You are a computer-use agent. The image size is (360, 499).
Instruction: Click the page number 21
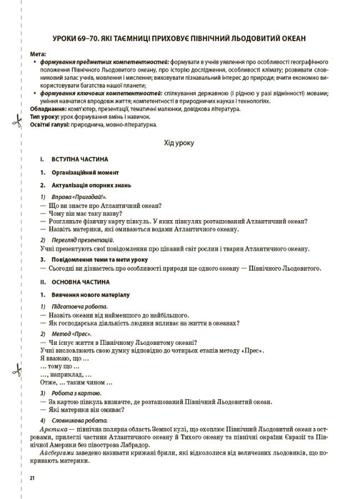[x=32, y=477]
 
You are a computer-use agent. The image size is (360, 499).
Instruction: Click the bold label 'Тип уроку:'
[x=48, y=117]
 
